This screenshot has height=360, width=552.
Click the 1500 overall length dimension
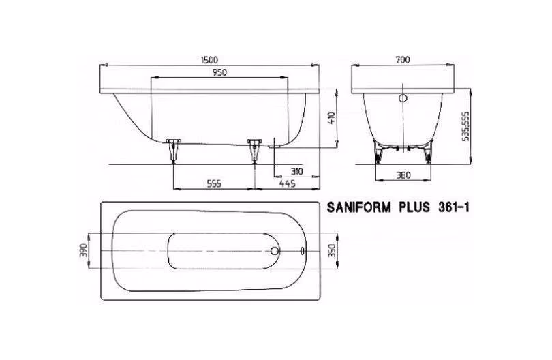click(x=209, y=60)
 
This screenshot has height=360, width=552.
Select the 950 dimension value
click(x=219, y=72)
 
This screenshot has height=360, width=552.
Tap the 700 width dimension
click(x=403, y=60)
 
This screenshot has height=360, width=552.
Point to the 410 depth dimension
click(x=331, y=118)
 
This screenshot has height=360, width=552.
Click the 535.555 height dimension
click(x=465, y=127)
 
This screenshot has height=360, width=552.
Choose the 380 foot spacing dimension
click(x=403, y=175)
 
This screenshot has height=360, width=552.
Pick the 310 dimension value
click(x=296, y=172)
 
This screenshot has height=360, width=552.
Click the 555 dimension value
click(x=214, y=183)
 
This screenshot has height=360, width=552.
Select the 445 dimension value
click(x=288, y=183)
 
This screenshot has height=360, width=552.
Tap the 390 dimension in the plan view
click(x=84, y=250)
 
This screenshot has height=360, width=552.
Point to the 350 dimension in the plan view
click(x=332, y=250)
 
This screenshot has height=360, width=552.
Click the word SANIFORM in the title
click(x=358, y=207)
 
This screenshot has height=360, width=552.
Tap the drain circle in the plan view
click(x=275, y=251)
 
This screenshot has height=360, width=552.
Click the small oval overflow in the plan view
click(x=303, y=251)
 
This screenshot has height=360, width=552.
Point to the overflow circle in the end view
click(x=403, y=98)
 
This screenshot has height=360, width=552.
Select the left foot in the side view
click(x=173, y=151)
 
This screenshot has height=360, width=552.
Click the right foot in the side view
click(x=254, y=151)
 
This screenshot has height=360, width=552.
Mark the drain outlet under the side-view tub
click(x=274, y=145)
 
